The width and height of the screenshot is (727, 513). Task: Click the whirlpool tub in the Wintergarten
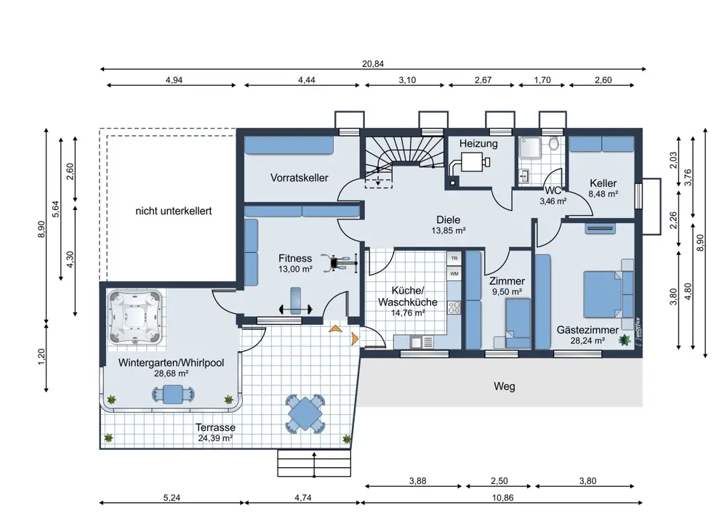[135, 317]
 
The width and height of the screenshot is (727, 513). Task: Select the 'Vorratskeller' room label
[299, 177]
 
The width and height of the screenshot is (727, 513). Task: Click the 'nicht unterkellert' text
[174, 211]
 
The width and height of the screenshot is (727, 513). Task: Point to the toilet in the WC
[553, 143]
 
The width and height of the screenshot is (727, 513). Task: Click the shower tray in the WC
[529, 148]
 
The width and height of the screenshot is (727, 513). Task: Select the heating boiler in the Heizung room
[469, 163]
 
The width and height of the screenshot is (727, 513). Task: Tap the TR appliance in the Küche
[454, 259]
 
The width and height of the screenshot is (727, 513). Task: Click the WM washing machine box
[454, 274]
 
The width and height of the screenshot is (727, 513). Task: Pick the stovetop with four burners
[454, 307]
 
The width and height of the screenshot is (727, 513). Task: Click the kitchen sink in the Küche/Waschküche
[422, 342]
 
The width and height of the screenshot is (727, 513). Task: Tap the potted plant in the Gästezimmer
[625, 340]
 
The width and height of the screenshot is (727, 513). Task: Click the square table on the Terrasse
[304, 413]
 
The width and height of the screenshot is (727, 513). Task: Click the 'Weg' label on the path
[504, 387]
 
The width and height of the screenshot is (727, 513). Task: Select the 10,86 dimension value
[502, 498]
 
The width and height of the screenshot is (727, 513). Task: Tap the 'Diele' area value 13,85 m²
[449, 230]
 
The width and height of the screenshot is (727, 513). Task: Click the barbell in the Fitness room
[295, 309]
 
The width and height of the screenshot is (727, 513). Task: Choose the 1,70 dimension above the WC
[542, 80]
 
